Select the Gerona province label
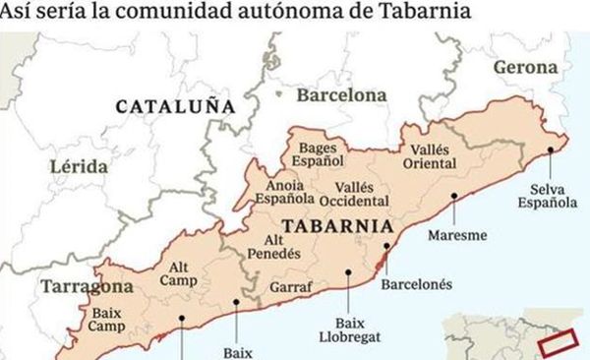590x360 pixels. click(524, 68)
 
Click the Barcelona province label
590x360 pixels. click(341, 96)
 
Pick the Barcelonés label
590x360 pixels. click(417, 284)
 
